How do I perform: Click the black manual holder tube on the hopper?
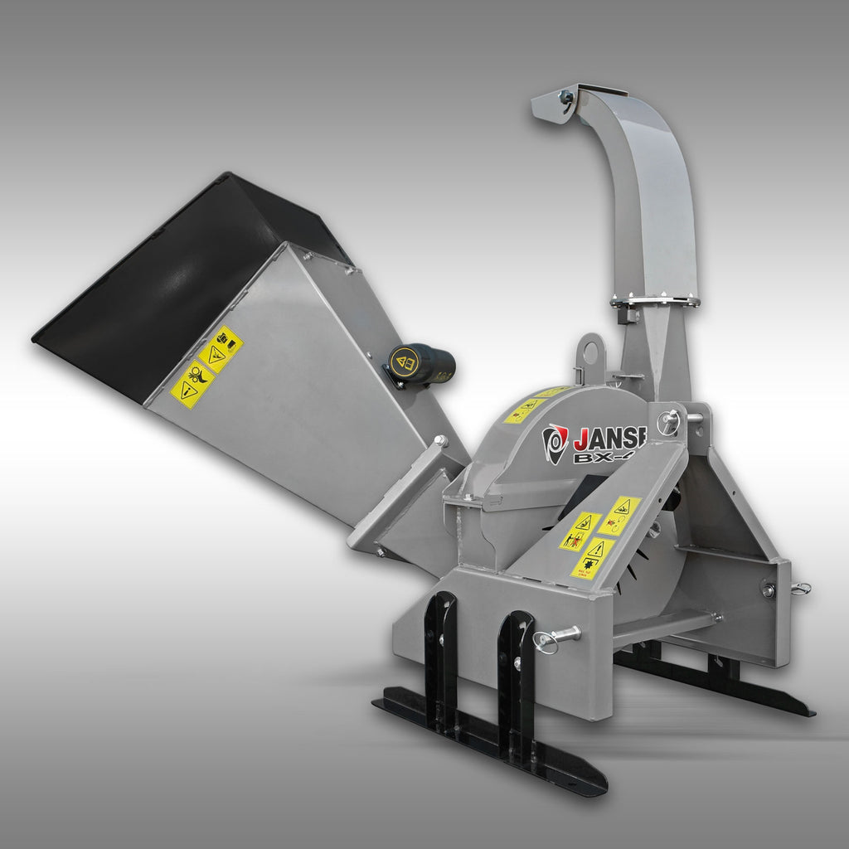423,365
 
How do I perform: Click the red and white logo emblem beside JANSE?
555,443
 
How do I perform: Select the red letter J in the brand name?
581,437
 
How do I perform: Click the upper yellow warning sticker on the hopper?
220,349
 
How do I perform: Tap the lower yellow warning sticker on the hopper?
192,386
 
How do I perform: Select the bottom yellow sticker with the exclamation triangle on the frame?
593,558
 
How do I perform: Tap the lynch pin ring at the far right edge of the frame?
799,589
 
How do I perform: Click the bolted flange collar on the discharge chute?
655,300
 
